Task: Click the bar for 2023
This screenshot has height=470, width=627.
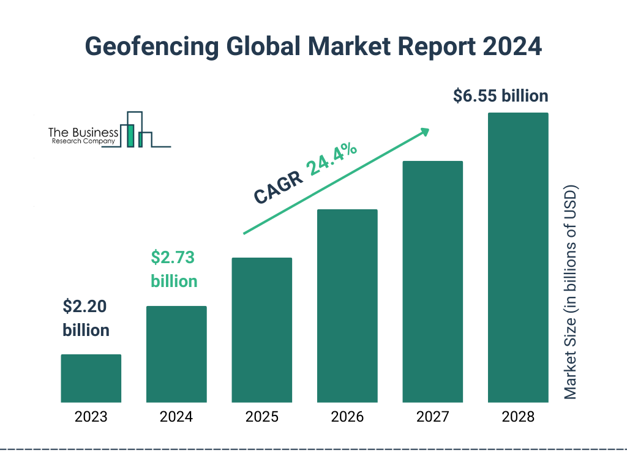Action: pyautogui.click(x=91, y=378)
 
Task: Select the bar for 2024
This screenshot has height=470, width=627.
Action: pyautogui.click(x=176, y=354)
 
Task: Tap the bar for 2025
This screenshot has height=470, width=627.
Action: pyautogui.click(x=261, y=330)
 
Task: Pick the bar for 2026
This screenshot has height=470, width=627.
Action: pyautogui.click(x=347, y=306)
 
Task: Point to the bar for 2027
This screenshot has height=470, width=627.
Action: pyautogui.click(x=432, y=282)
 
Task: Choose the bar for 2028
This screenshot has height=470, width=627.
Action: pyautogui.click(x=518, y=258)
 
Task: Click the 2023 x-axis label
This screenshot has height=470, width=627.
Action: pyautogui.click(x=91, y=417)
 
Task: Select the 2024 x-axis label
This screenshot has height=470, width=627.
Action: pyautogui.click(x=176, y=417)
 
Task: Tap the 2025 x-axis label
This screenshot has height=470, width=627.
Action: pyautogui.click(x=261, y=417)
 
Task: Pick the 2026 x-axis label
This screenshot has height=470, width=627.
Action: pyautogui.click(x=347, y=417)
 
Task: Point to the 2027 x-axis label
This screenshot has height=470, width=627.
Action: pyautogui.click(x=432, y=417)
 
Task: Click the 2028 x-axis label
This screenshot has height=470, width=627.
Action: pyautogui.click(x=518, y=417)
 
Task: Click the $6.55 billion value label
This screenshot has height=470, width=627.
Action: pyautogui.click(x=500, y=96)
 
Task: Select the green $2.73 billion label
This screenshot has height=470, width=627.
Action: pyautogui.click(x=174, y=269)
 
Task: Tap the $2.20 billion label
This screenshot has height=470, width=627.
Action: pyautogui.click(x=86, y=318)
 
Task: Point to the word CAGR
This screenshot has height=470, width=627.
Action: pyautogui.click(x=279, y=187)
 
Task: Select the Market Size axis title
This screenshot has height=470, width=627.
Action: pyautogui.click(x=571, y=291)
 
